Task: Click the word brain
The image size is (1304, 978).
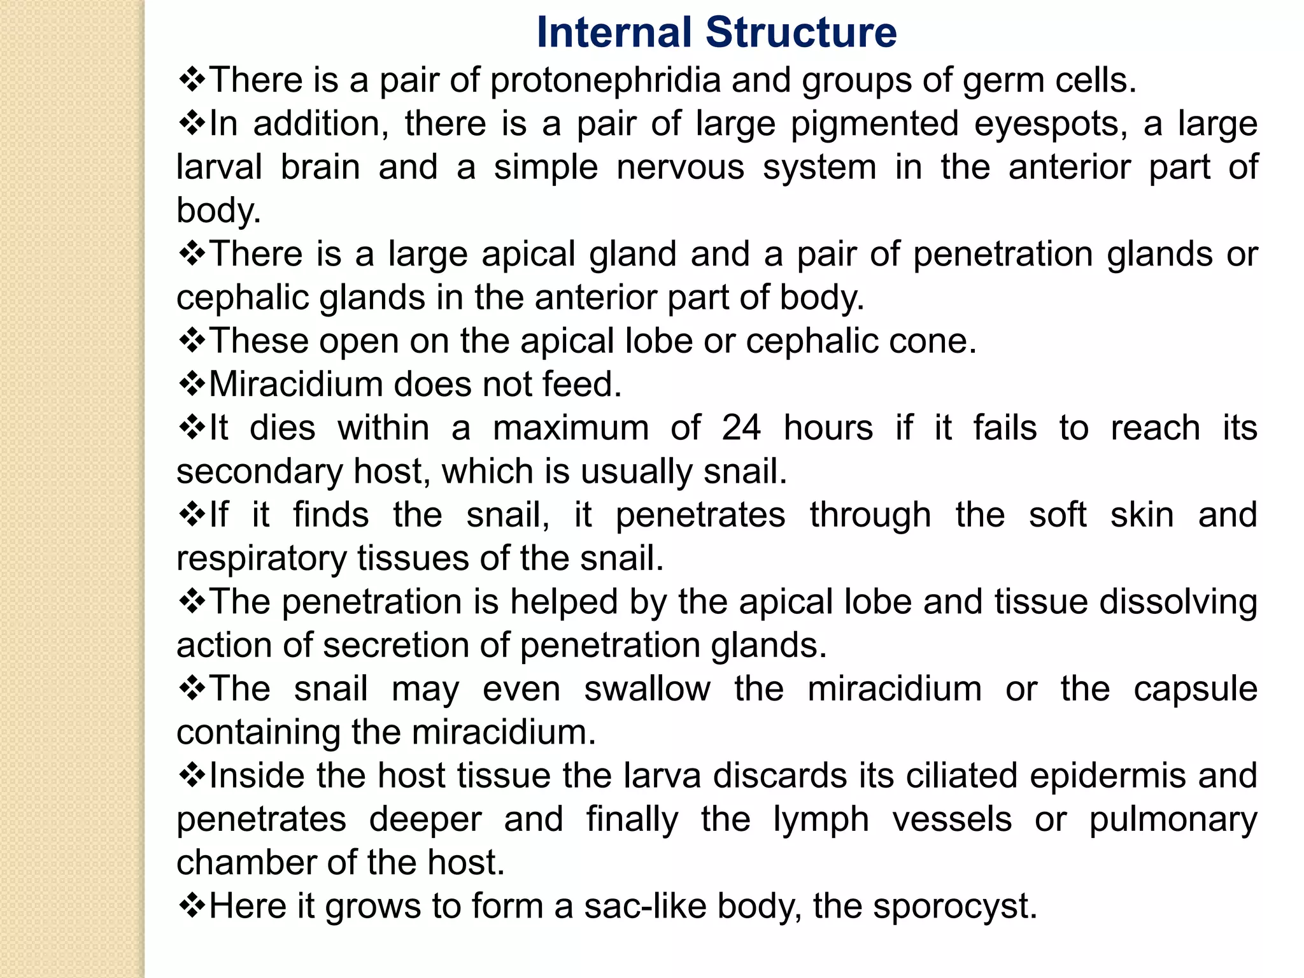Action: [x=320, y=167]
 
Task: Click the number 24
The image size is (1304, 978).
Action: [x=741, y=428]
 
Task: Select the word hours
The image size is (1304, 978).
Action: [x=828, y=428]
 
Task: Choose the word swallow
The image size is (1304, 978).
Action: [x=647, y=690]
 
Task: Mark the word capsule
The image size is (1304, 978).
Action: [x=1195, y=690]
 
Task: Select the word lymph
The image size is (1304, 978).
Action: [x=821, y=820]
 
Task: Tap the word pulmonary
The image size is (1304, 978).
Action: [x=1173, y=820]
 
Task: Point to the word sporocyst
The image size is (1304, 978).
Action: [x=954, y=907]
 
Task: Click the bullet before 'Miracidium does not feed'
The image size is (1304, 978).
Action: [x=192, y=384]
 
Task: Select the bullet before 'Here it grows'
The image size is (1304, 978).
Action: [x=192, y=905]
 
